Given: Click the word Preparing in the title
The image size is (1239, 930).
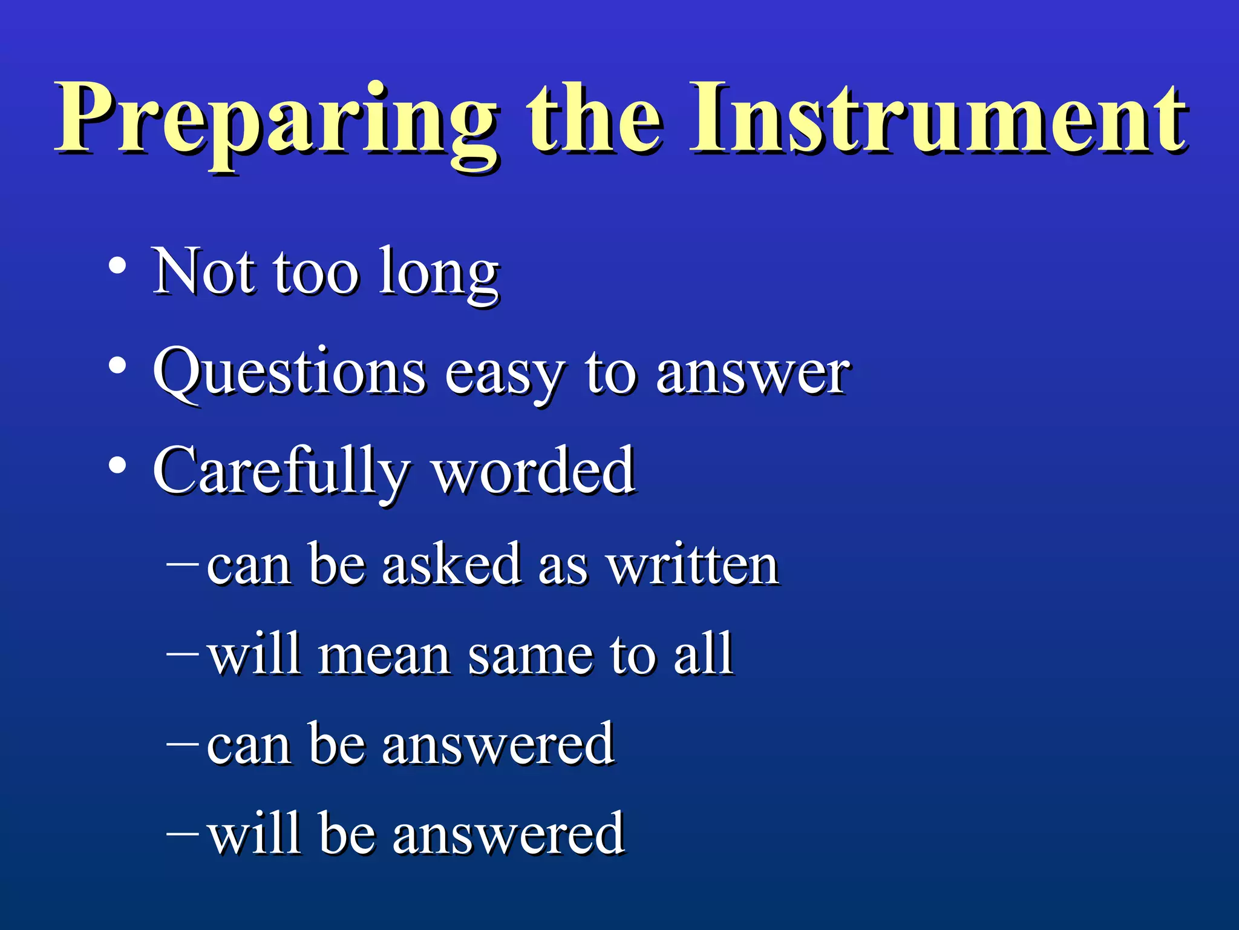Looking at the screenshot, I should tap(275, 121).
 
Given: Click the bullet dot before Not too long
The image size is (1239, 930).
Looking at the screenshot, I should tap(117, 266).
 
